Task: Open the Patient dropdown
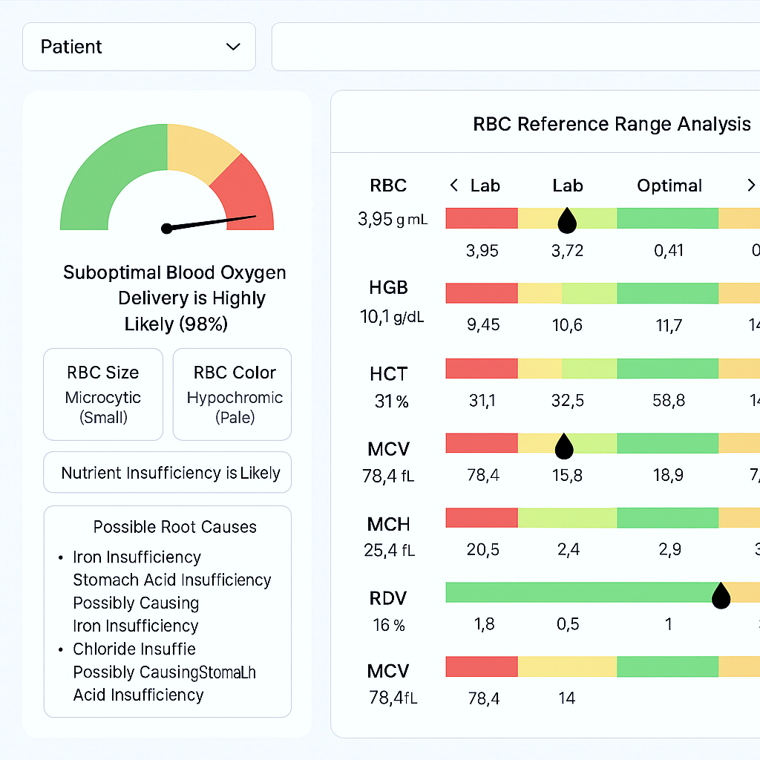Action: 139,47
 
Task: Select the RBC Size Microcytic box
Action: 102,394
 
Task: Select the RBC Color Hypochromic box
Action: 232,394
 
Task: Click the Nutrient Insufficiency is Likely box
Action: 168,473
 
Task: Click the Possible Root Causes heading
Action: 174,527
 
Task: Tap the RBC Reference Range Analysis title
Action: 612,124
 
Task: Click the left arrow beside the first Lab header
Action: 454,186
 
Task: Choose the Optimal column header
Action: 669,186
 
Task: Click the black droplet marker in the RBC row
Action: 568,220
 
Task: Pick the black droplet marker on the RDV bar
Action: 720,594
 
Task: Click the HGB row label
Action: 388,287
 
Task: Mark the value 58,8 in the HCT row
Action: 669,401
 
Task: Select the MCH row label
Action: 388,524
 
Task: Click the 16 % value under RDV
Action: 388,625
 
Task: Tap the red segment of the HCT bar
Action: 481,369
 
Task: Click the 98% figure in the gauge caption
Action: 201,324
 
